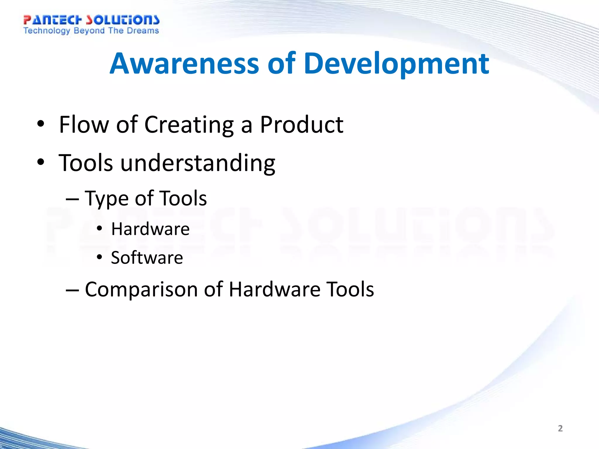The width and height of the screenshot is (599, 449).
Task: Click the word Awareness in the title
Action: [184, 63]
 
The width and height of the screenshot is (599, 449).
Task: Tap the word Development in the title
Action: [396, 63]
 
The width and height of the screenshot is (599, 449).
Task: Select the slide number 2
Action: [560, 428]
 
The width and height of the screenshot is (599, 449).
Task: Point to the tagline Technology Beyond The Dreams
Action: [91, 31]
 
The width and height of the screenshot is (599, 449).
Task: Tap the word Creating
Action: [189, 125]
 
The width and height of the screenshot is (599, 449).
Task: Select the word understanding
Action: [198, 163]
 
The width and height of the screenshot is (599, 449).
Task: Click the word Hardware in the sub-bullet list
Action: [150, 229]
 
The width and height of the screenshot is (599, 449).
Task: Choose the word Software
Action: [147, 258]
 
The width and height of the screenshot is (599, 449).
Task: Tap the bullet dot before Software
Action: [99, 257]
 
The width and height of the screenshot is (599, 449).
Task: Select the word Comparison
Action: [142, 289]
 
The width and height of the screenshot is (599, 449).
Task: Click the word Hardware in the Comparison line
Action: [274, 289]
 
